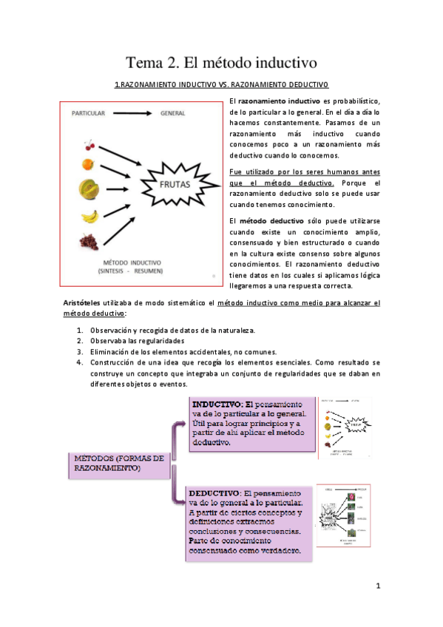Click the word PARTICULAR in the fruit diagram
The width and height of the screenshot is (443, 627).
tap(88, 114)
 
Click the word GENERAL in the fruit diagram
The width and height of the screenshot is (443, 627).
tap(172, 114)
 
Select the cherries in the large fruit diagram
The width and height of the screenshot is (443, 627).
tap(88, 144)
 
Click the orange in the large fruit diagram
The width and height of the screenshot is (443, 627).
tap(88, 163)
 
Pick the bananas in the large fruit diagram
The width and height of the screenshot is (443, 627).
tap(89, 217)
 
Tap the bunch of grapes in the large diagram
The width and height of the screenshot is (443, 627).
tap(89, 241)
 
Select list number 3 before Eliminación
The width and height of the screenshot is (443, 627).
tap(81, 351)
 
